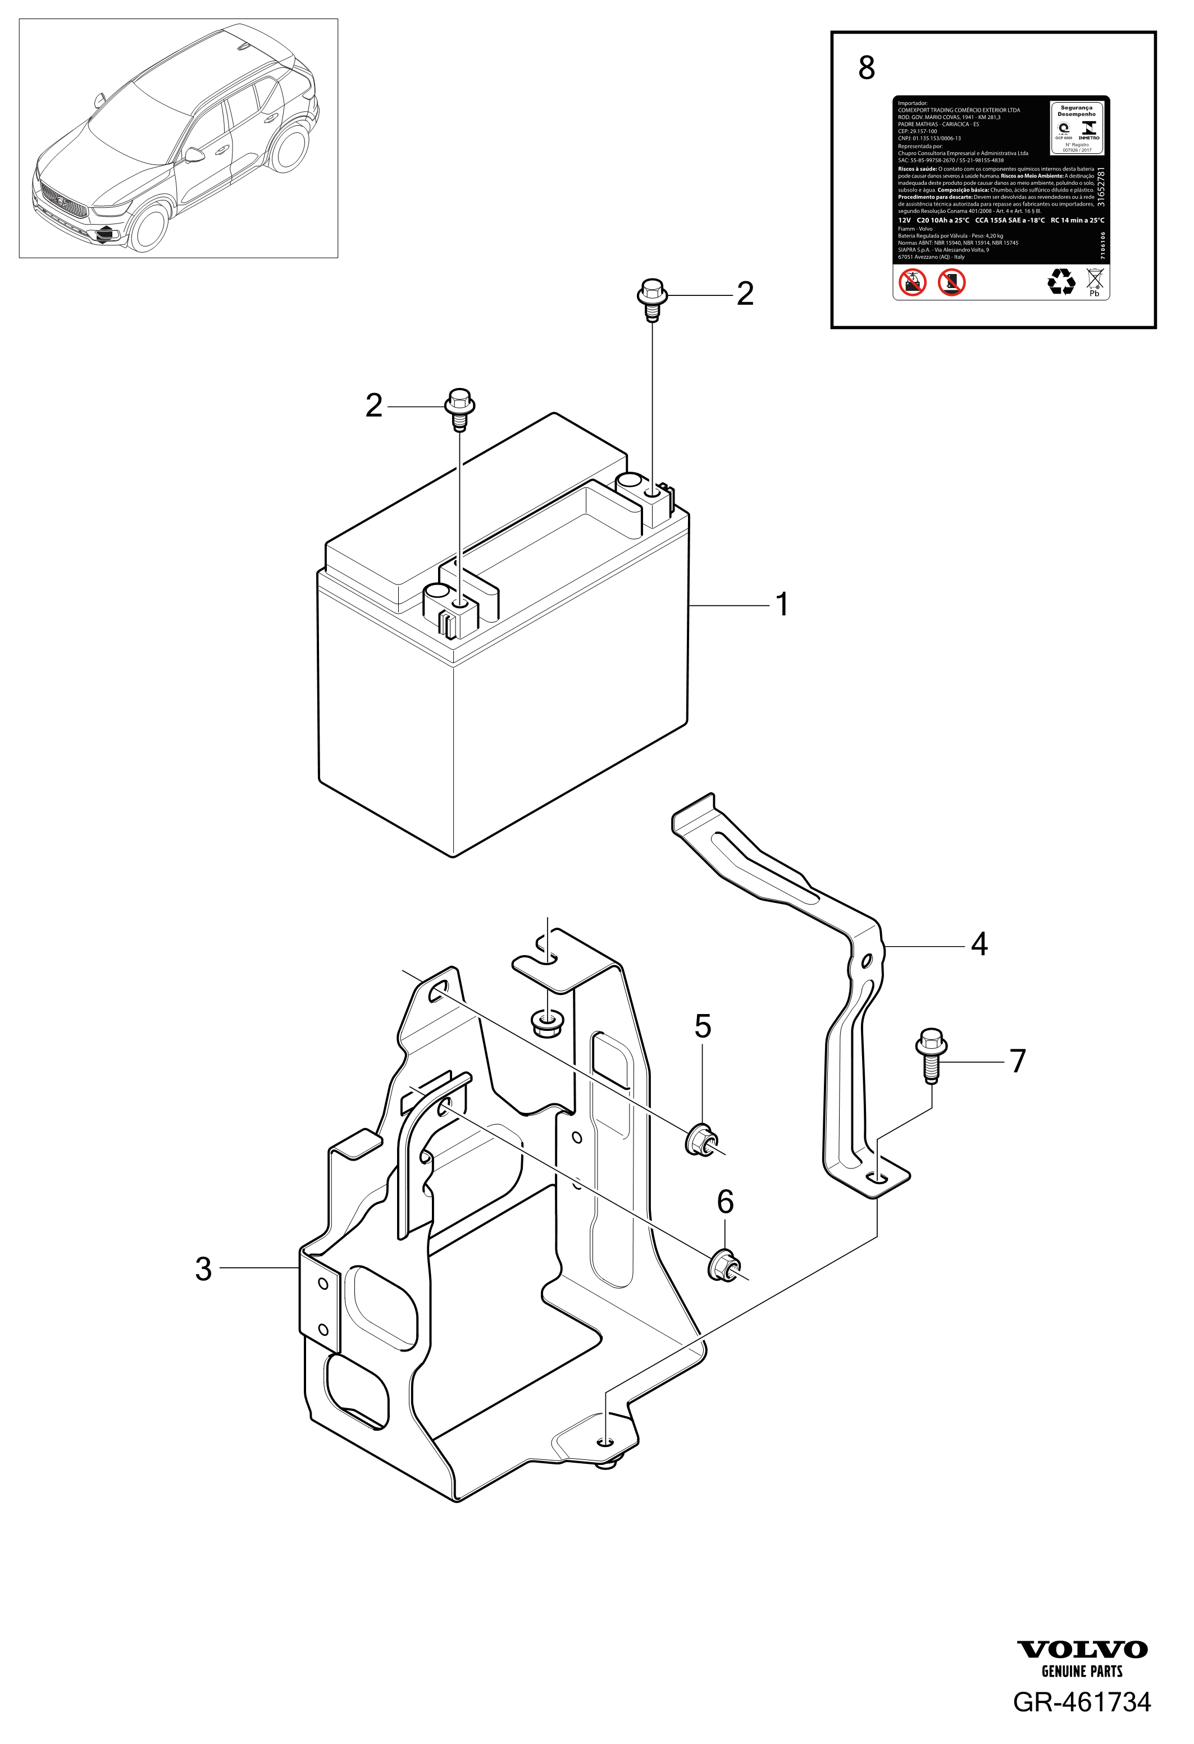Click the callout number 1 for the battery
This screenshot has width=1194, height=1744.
tap(781, 604)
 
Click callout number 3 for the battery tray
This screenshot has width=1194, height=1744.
tap(203, 1269)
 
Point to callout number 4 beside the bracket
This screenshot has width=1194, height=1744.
tap(978, 944)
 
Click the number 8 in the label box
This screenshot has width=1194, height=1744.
tap(866, 69)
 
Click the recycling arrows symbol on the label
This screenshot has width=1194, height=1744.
tap(1060, 281)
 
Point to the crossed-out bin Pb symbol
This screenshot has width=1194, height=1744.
tap(1093, 282)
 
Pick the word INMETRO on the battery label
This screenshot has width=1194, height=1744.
tap(1088, 138)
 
